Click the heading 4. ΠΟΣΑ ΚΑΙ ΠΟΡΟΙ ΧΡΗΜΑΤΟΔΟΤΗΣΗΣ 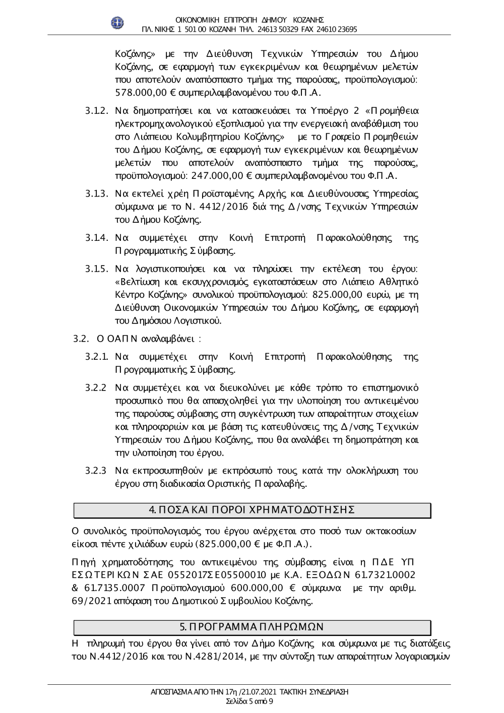click(252, 509)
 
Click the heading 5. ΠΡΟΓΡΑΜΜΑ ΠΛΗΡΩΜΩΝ click(252, 627)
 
